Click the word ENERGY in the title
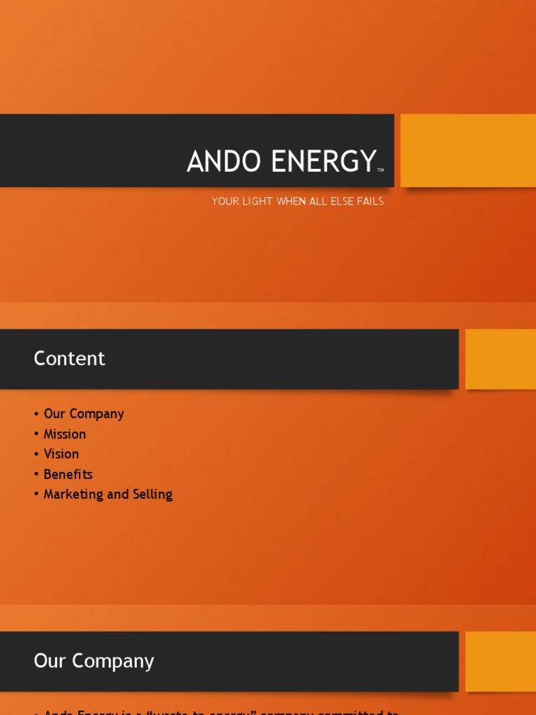point(322,162)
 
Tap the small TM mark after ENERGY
point(380,170)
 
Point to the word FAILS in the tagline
point(370,201)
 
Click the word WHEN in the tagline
point(291,201)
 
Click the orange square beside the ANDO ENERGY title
point(468,150)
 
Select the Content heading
point(69,358)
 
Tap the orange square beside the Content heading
point(500,359)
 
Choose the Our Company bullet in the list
point(84,413)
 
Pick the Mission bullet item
point(65,434)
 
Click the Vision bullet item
point(61,454)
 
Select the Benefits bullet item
point(68,474)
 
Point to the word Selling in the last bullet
point(151,494)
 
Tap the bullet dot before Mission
point(36,434)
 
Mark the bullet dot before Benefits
point(36,475)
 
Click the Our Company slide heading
point(94,661)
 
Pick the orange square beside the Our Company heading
point(500,661)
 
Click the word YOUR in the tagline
point(225,201)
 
